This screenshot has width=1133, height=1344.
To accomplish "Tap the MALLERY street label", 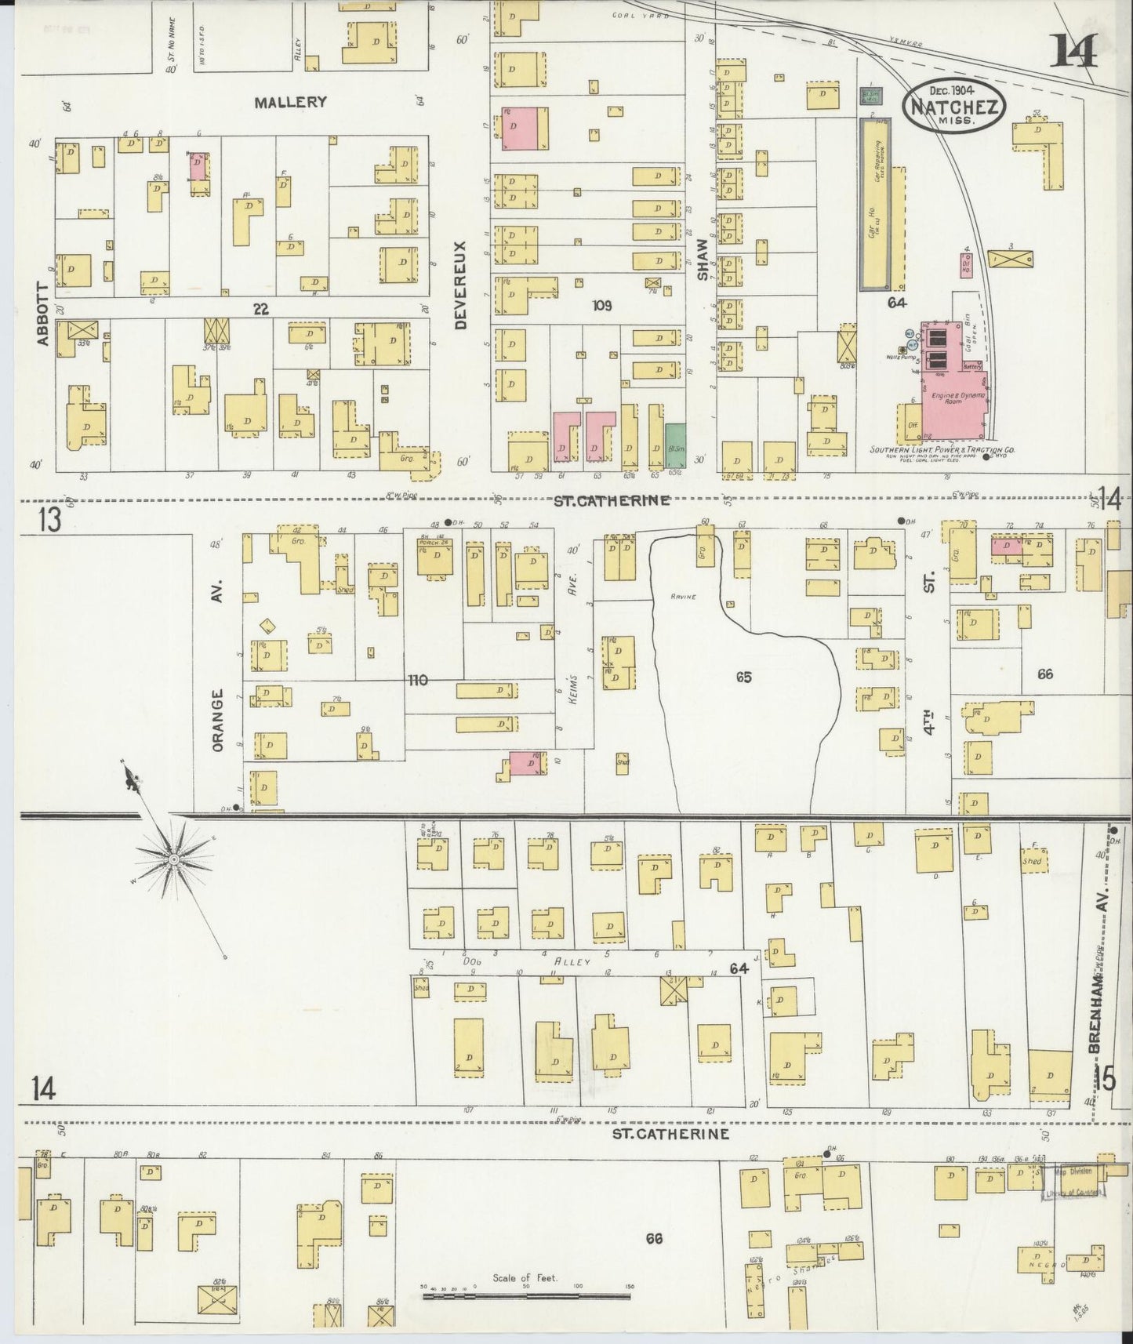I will [289, 102].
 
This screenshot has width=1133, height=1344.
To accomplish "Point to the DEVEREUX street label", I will [459, 284].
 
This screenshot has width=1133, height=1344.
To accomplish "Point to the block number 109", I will [601, 304].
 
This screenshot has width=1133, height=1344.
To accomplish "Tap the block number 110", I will [417, 680].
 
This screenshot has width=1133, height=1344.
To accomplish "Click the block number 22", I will [260, 310].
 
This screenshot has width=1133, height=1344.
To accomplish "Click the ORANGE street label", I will [218, 720].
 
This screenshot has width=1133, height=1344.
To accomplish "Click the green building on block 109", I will [675, 446].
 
